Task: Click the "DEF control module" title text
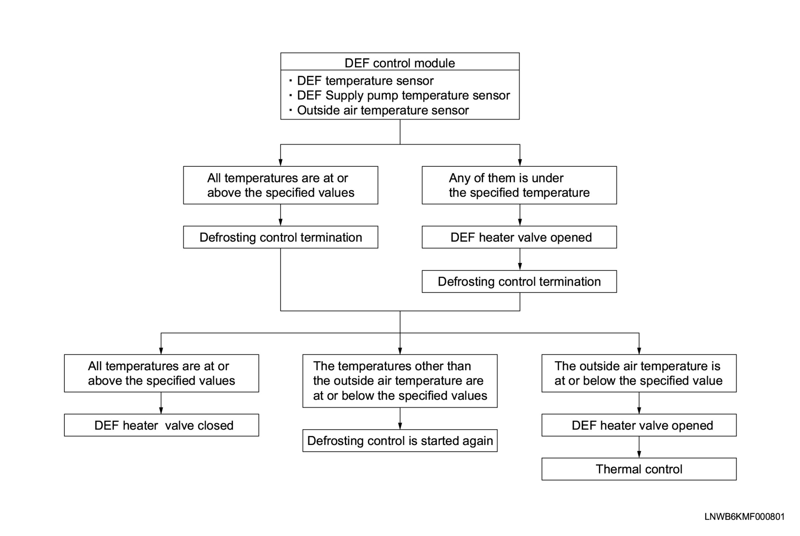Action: pyautogui.click(x=399, y=63)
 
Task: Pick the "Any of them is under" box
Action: pyautogui.click(x=519, y=185)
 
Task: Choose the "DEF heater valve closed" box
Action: pyautogui.click(x=161, y=425)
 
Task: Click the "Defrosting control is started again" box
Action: pyautogui.click(x=400, y=441)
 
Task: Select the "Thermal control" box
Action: pyautogui.click(x=639, y=469)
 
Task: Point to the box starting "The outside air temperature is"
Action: pyautogui.click(x=639, y=373)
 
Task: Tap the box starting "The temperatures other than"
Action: pyautogui.click(x=400, y=381)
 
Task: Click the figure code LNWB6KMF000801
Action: pyautogui.click(x=744, y=517)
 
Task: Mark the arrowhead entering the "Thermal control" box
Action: pyautogui.click(x=639, y=455)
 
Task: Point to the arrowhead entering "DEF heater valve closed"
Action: pyautogui.click(x=161, y=411)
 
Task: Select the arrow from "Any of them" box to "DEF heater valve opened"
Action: pyautogui.click(x=520, y=215)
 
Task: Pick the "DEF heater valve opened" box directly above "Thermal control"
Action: pyautogui.click(x=639, y=425)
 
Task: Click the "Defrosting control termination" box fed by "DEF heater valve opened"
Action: pyautogui.click(x=519, y=282)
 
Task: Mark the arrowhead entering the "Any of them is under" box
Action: pyautogui.click(x=520, y=163)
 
